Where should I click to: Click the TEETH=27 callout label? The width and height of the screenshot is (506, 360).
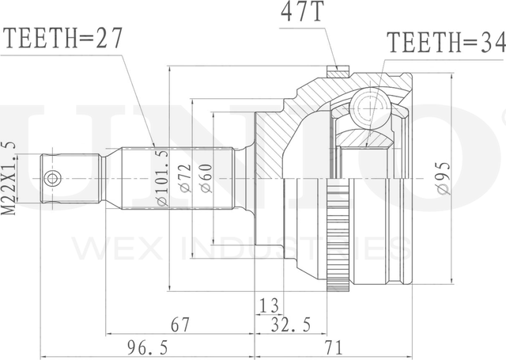tap(62, 38)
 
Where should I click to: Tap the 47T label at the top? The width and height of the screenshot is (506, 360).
tap(302, 11)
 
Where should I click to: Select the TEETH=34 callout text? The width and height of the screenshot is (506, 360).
tap(446, 42)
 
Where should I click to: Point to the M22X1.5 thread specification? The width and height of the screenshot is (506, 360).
tap(9, 178)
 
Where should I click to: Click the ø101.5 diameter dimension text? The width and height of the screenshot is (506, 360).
tap(162, 177)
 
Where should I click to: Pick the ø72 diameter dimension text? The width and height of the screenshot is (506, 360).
tap(186, 179)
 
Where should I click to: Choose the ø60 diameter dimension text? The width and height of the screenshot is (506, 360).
tap(206, 179)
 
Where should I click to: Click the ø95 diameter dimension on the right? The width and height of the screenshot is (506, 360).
tap(444, 178)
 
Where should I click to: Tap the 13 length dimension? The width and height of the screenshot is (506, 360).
tap(269, 305)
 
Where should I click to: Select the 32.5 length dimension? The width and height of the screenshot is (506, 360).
tap(290, 324)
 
